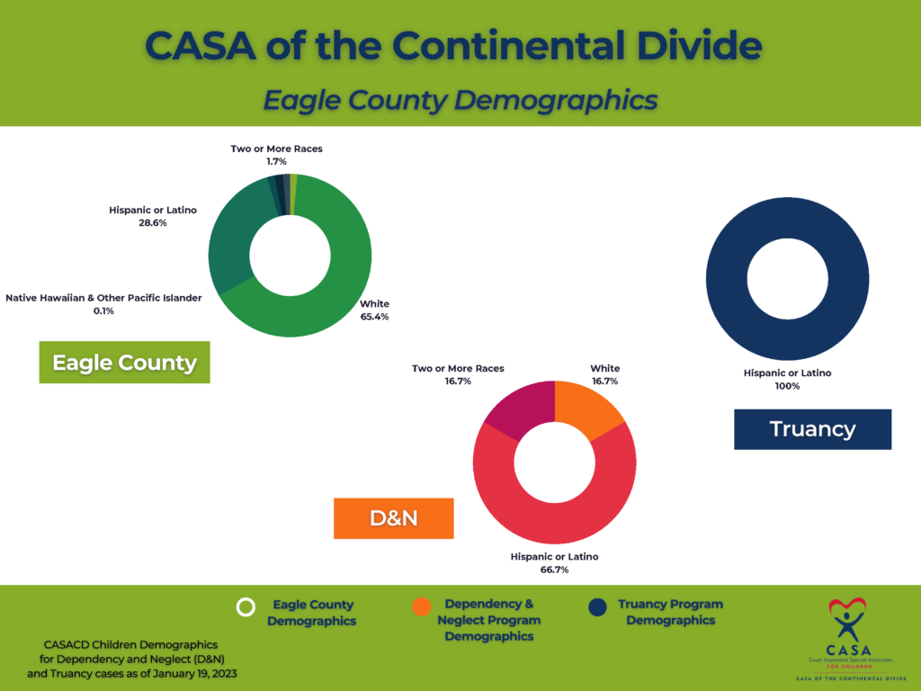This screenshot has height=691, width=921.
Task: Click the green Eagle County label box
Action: (x=124, y=362)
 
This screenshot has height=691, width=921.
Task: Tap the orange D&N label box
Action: (x=393, y=518)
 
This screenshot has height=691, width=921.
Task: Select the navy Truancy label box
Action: (x=812, y=429)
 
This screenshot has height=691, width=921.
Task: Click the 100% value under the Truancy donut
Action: (x=787, y=386)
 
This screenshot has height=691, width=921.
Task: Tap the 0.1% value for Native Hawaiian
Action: (x=103, y=311)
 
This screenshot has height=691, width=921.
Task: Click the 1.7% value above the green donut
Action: (x=276, y=161)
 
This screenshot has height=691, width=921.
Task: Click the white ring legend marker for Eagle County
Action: (x=246, y=607)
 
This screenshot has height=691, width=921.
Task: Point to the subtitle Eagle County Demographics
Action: (x=460, y=99)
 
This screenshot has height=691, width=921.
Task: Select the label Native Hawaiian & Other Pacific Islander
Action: (x=103, y=298)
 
